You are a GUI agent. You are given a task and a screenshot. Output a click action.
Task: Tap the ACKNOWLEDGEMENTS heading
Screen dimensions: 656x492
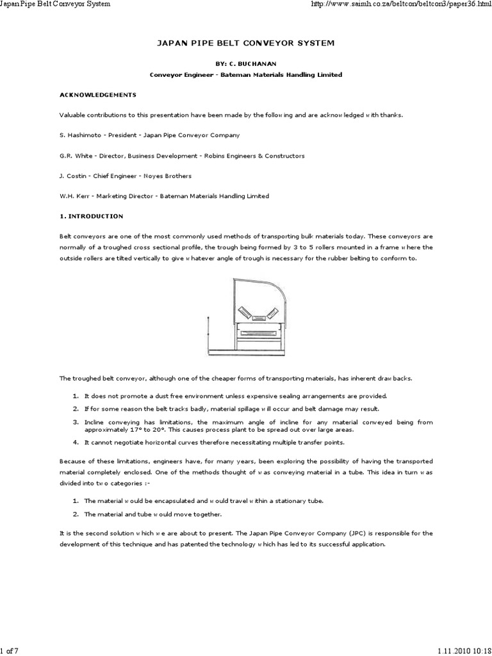click(98, 94)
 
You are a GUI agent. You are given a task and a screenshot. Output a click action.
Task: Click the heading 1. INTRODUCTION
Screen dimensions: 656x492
click(91, 216)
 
